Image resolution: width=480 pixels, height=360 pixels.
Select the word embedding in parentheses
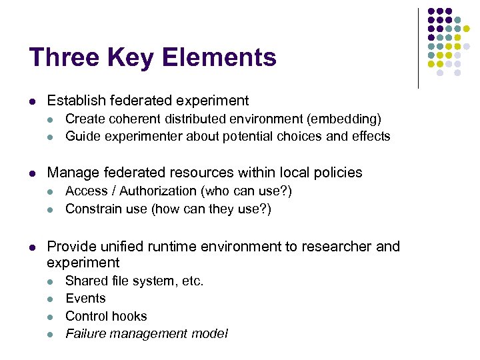(346, 119)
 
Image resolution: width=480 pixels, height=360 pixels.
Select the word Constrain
(93, 209)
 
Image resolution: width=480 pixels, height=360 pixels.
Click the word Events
(85, 298)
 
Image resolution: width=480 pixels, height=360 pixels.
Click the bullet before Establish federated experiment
(33, 101)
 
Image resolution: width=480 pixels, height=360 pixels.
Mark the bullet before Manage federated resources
(33, 173)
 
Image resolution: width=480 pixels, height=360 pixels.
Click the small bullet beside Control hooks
(52, 317)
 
